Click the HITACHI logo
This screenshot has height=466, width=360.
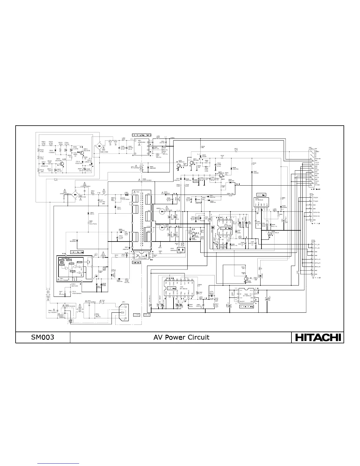click(x=318, y=337)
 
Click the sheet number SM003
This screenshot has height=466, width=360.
click(x=43, y=337)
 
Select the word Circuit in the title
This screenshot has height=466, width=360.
click(x=199, y=337)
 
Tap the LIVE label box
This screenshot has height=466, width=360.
click(x=136, y=315)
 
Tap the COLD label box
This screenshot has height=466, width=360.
click(x=147, y=315)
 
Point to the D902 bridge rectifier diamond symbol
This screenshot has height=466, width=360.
click(x=100, y=146)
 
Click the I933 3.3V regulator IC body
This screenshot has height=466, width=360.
click(x=260, y=203)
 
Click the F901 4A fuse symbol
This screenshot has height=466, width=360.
click(x=103, y=303)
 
